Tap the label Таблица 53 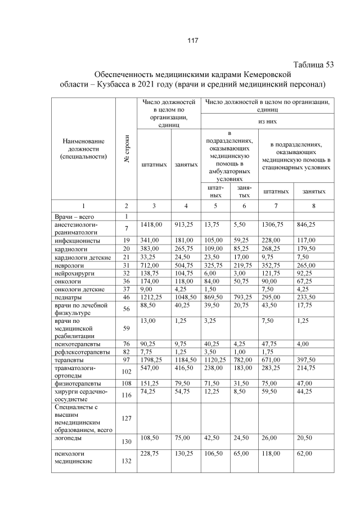pos(314,65)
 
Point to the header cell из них pos(267,121)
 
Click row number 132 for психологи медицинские pos(127,461)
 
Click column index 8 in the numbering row pos(313,206)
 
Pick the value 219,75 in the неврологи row pos(244,264)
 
